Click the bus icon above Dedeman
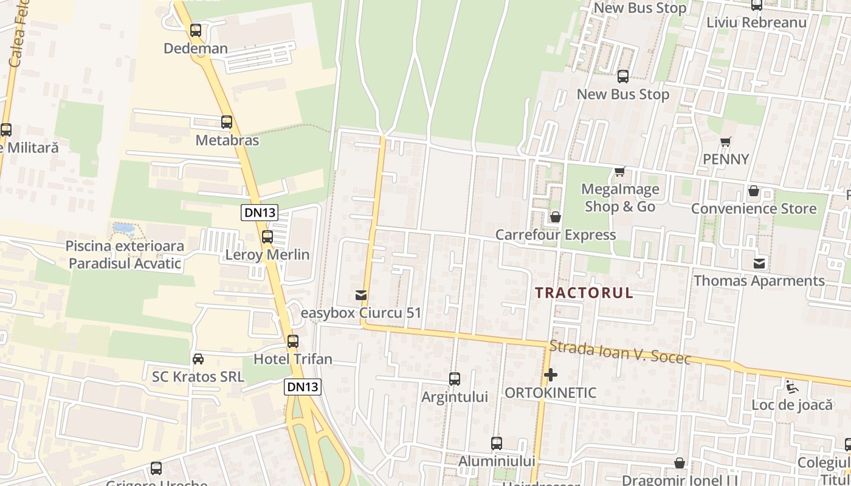pyautogui.click(x=196, y=30)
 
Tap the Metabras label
pyautogui.click(x=227, y=140)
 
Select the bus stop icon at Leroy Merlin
pyautogui.click(x=267, y=237)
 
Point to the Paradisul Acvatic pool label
pyautogui.click(x=125, y=255)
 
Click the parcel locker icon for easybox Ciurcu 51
pyautogui.click(x=361, y=295)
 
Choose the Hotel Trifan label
pyautogui.click(x=293, y=359)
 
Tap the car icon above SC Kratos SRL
pyautogui.click(x=198, y=359)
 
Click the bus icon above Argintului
pyautogui.click(x=455, y=379)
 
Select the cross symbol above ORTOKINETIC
pyautogui.click(x=551, y=375)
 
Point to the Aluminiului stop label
pyautogui.click(x=497, y=461)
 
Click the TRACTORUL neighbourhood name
pyautogui.click(x=584, y=293)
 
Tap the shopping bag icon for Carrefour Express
pyautogui.click(x=555, y=217)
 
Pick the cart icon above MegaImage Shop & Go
pyautogui.click(x=619, y=171)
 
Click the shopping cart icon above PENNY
pyautogui.click(x=725, y=142)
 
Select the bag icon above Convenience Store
pyautogui.click(x=754, y=191)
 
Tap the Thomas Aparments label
pyautogui.click(x=759, y=281)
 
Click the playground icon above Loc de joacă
pyautogui.click(x=791, y=387)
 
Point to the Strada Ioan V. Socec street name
pyautogui.click(x=619, y=353)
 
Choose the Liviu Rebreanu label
pyautogui.click(x=756, y=22)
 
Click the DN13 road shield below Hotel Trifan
pyautogui.click(x=302, y=387)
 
